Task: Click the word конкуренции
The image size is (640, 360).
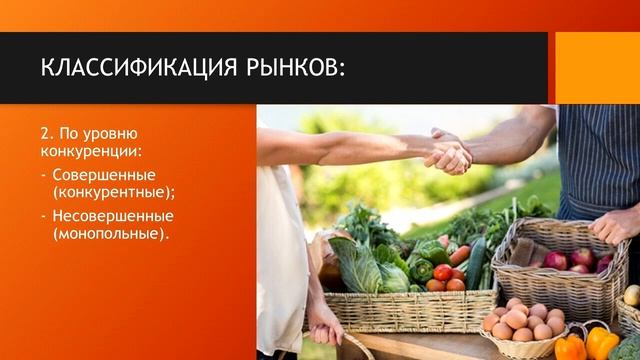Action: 89,151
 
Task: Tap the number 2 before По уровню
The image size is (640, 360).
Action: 46,134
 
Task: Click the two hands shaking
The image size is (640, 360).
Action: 447,152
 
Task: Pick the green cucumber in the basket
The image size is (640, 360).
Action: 475,262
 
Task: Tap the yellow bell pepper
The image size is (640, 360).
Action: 601,343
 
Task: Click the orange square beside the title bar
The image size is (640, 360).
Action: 597,68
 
